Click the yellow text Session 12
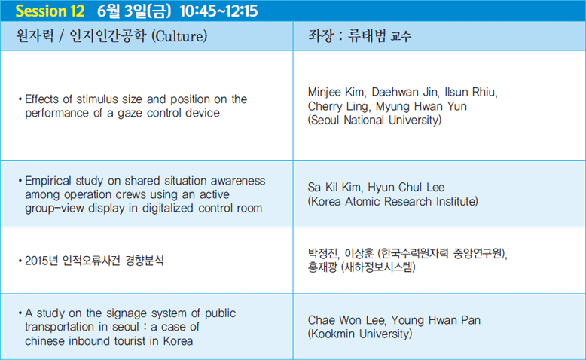50,11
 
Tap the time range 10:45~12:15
218,11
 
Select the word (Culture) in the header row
179,36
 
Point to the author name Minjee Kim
337,92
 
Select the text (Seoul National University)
374,120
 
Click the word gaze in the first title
129,113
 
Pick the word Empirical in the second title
48,181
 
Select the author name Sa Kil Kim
335,187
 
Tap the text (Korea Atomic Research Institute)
392,202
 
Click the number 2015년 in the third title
41,261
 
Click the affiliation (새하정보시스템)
378,267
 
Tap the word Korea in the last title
178,341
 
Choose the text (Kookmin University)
360,334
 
